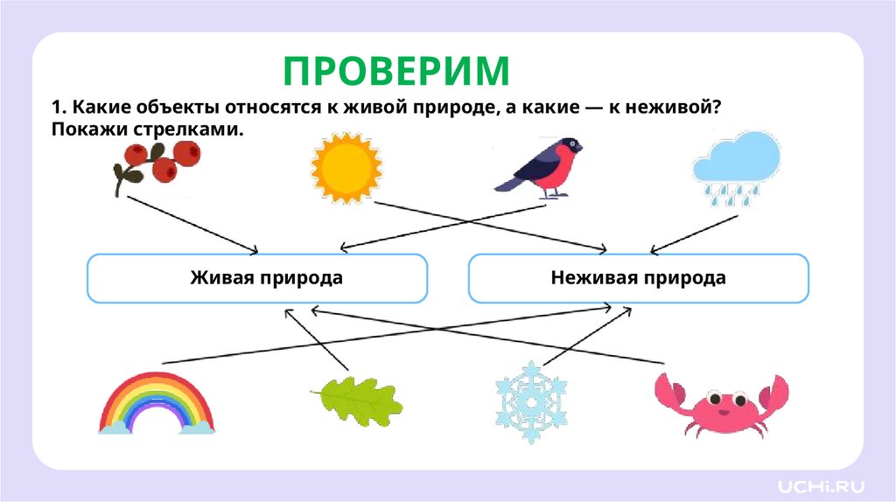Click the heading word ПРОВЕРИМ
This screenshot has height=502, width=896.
(396, 70)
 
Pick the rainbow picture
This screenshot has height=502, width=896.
(157, 403)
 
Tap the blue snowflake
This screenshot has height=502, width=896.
(531, 401)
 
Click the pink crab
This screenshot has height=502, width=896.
(721, 403)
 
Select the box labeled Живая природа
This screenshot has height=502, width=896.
(257, 278)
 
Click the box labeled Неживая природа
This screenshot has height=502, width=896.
(639, 278)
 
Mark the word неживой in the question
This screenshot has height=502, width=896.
(675, 107)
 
